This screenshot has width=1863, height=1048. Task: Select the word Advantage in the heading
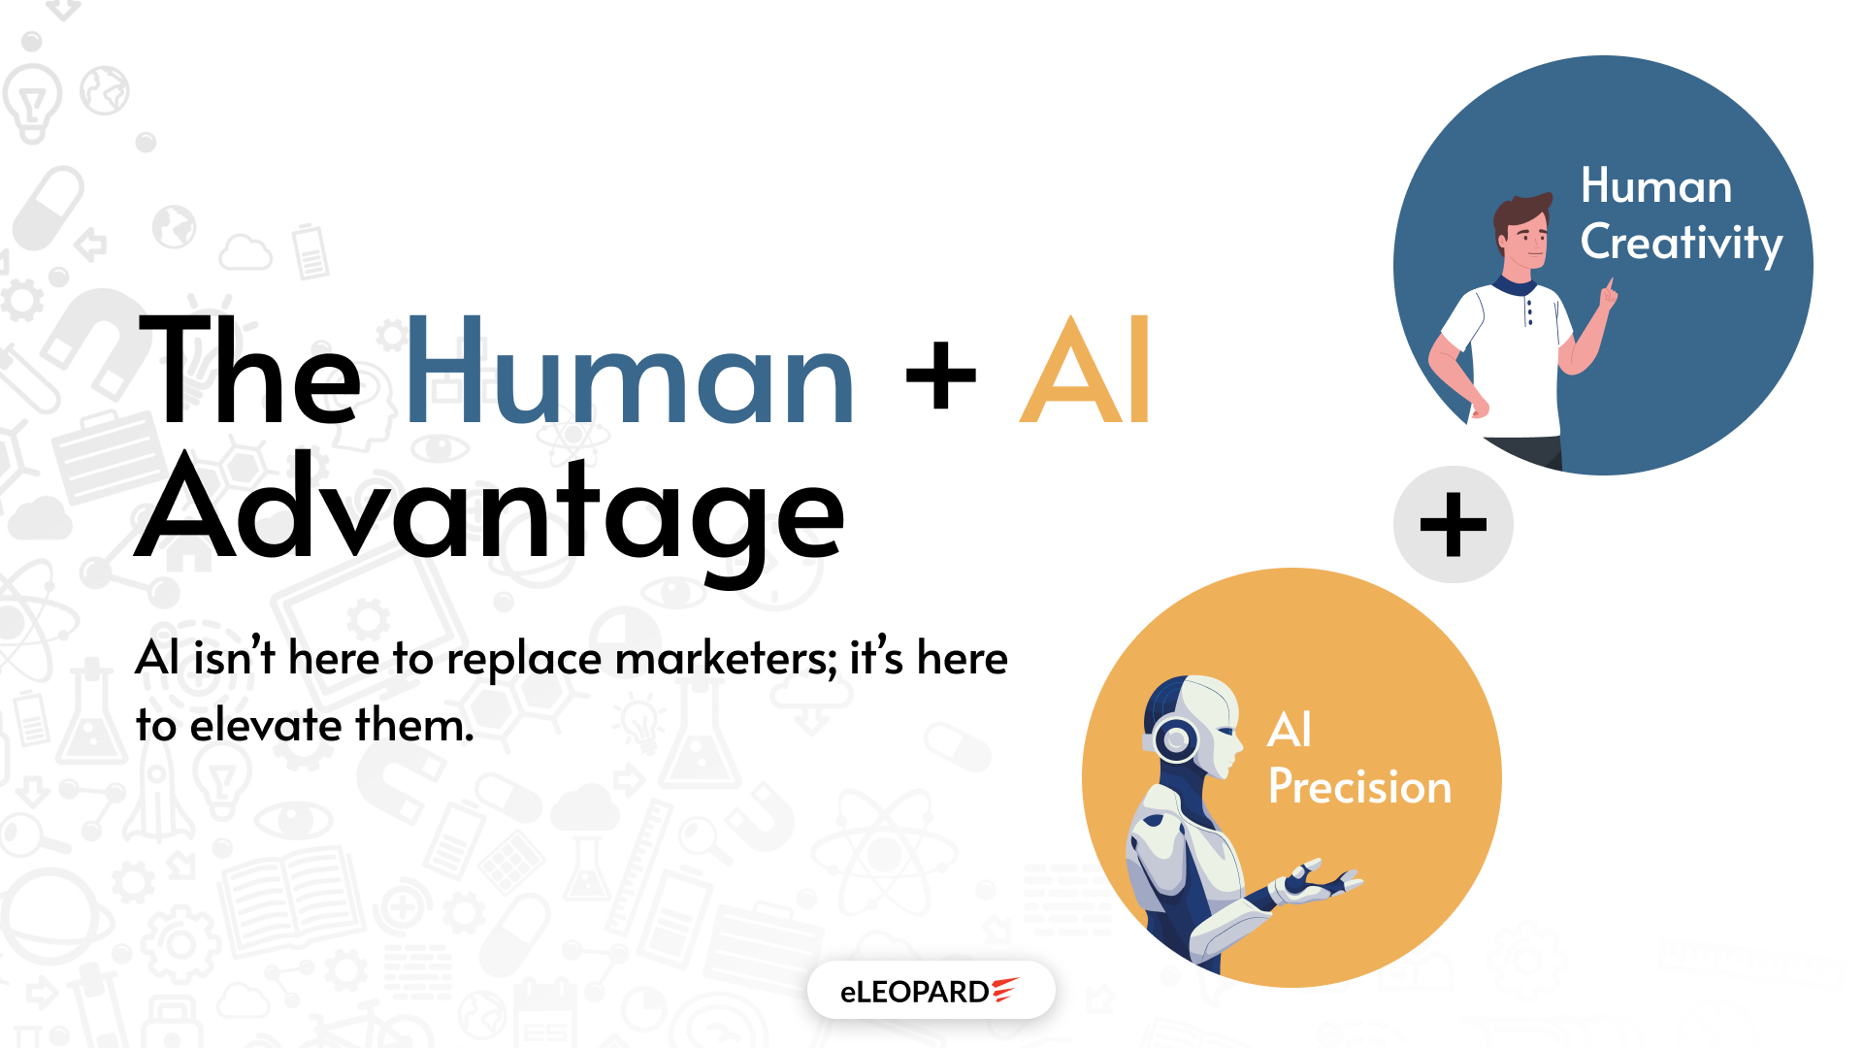(490, 514)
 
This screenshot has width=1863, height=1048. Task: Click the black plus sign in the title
(940, 376)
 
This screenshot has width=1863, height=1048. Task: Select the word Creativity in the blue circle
(1682, 244)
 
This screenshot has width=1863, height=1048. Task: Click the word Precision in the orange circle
(1359, 786)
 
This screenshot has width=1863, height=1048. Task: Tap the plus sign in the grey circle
(1453, 525)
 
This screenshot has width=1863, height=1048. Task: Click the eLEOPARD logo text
(914, 992)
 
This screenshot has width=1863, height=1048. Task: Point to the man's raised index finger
(1611, 288)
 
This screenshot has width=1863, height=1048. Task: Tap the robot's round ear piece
(1176, 740)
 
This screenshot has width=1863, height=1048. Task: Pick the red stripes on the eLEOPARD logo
(1005, 989)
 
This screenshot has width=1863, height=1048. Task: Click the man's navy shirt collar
(1515, 286)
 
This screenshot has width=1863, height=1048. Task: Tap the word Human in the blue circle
(1656, 185)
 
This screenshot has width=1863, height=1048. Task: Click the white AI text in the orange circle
(1290, 730)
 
